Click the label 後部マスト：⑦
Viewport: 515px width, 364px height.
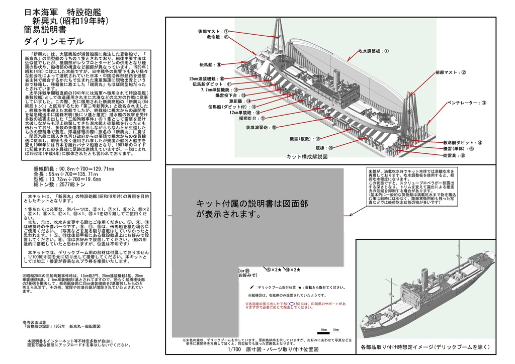213,31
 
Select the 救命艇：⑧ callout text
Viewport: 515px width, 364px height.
217,37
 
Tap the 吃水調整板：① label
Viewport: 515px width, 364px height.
374,51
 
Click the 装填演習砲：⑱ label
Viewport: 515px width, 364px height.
261,128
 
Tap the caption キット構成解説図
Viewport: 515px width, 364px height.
307,157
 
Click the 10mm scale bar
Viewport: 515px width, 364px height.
323,330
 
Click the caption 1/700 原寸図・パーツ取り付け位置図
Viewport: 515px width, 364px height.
274,350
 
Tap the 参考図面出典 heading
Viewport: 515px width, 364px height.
37,322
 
